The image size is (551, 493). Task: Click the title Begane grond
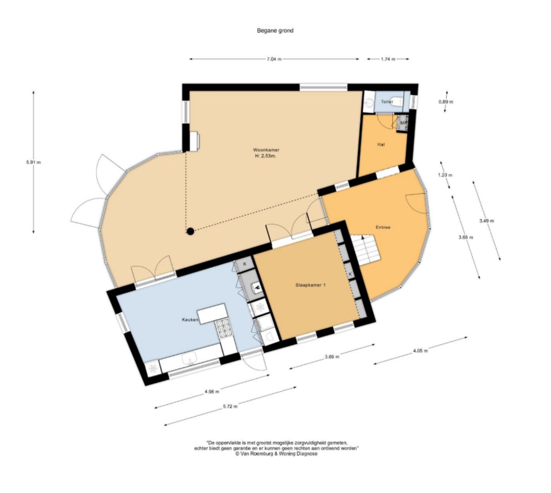pos(275,31)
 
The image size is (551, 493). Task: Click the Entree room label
pos(383,227)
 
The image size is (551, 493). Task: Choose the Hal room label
pos(381,144)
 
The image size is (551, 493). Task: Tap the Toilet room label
pos(386,102)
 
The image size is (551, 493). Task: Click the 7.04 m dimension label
pos(274,59)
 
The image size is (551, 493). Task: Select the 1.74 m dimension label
pos(388,59)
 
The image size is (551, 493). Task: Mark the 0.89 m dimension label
pos(446,102)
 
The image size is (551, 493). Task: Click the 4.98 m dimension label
pos(212,392)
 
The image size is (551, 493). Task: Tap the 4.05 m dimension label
pos(420,351)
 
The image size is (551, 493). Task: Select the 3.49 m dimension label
pos(486,221)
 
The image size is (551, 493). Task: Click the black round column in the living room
pos(191,231)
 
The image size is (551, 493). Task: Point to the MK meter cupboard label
pos(403,123)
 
